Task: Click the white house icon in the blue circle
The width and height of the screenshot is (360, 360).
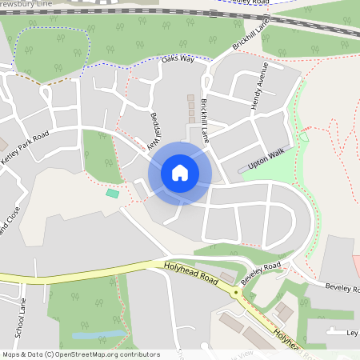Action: click(x=180, y=173)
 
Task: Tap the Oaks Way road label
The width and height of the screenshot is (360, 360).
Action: click(x=178, y=58)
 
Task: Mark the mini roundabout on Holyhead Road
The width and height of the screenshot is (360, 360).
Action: click(x=236, y=293)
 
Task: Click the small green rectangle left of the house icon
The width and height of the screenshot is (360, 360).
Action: click(x=112, y=193)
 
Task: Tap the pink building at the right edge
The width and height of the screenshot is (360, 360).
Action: click(x=356, y=265)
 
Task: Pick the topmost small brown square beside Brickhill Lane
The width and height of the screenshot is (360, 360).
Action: click(x=190, y=98)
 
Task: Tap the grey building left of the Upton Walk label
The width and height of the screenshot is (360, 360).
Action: click(x=243, y=169)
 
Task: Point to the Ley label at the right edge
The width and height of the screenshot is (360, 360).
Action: click(x=351, y=332)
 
